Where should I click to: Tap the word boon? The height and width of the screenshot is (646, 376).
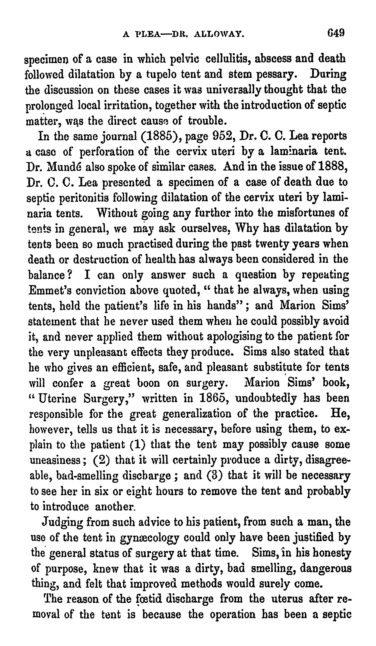point(149,383)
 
